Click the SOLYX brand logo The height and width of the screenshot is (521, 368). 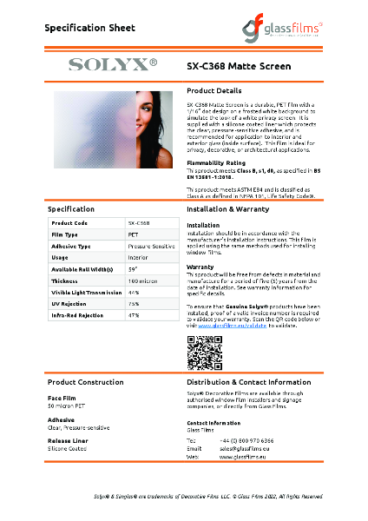click(x=114, y=63)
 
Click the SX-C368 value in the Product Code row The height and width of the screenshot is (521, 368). click(x=139, y=223)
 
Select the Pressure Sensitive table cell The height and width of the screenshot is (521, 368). click(x=148, y=247)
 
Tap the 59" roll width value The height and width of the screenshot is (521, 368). click(x=133, y=268)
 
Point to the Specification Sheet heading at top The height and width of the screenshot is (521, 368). click(x=89, y=28)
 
